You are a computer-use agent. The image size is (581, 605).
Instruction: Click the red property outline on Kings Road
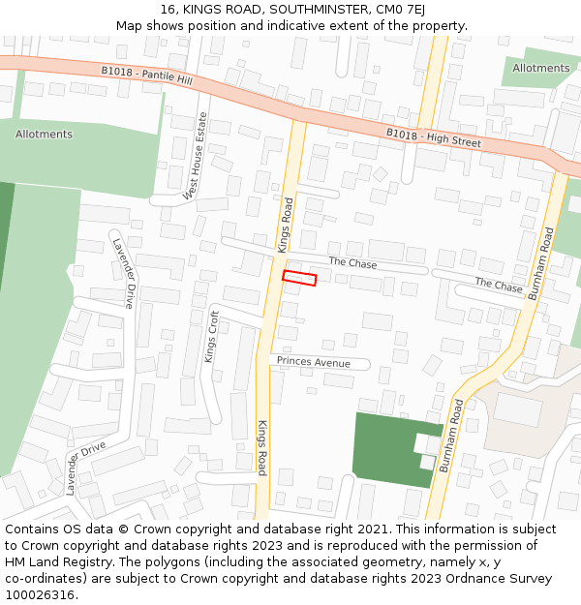pyautogui.click(x=299, y=278)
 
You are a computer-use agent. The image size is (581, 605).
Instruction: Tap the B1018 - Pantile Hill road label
pyautogui.click(x=146, y=76)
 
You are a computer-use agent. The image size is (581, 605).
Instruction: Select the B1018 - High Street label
pyautogui.click(x=433, y=137)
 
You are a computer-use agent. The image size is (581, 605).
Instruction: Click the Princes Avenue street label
pyautogui.click(x=313, y=362)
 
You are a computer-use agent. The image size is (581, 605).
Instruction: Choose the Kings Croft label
pyautogui.click(x=211, y=336)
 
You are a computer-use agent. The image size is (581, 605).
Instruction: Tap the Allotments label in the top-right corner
pyautogui.click(x=541, y=68)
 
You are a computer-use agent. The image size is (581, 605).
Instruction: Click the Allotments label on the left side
pyautogui.click(x=44, y=134)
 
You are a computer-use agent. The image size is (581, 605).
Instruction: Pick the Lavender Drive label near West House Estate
pyautogui.click(x=123, y=273)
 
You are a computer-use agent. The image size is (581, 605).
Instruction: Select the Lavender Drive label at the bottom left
pyautogui.click(x=85, y=469)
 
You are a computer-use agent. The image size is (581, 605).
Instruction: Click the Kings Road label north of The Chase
pyautogui.click(x=286, y=226)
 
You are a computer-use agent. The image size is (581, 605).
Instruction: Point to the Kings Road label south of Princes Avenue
pyautogui.click(x=261, y=448)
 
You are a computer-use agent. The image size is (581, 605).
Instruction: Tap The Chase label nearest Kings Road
pyautogui.click(x=352, y=263)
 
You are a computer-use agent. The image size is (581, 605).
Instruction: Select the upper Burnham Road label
pyautogui.click(x=539, y=263)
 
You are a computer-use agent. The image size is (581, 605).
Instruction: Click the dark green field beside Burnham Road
pyautogui.click(x=387, y=446)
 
